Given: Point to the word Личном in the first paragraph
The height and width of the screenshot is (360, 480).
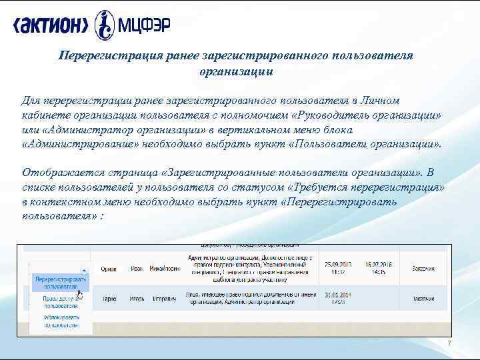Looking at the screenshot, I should click(x=377, y=100).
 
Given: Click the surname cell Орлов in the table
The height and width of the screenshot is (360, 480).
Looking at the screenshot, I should click(x=107, y=269).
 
